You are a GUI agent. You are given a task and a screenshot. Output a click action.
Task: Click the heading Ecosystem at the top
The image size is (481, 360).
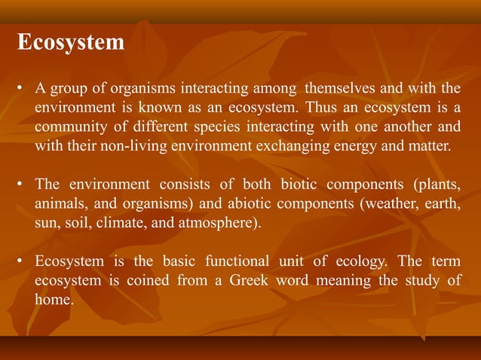coord(71,42)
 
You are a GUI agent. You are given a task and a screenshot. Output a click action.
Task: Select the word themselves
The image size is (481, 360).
coord(348,92)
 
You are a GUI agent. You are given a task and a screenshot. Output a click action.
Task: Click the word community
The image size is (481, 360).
coord(68,127)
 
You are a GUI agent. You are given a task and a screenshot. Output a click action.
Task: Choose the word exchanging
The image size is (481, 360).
coord(305,145)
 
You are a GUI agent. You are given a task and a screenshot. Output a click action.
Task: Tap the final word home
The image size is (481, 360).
coord(54,299)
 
